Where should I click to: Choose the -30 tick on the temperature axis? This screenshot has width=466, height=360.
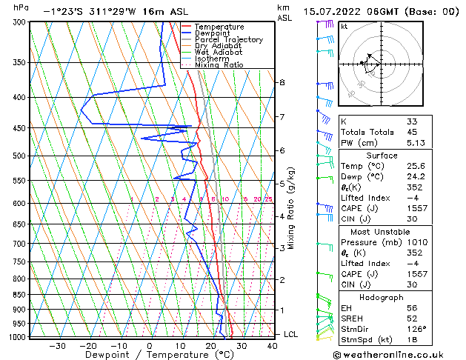click(x=57, y=345)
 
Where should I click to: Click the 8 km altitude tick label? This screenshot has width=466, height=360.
click(x=282, y=82)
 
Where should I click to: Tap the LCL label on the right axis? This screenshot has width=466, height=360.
click(x=291, y=335)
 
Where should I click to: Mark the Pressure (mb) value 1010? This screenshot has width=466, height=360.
click(x=416, y=241)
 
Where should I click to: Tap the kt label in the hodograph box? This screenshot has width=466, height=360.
click(x=344, y=26)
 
